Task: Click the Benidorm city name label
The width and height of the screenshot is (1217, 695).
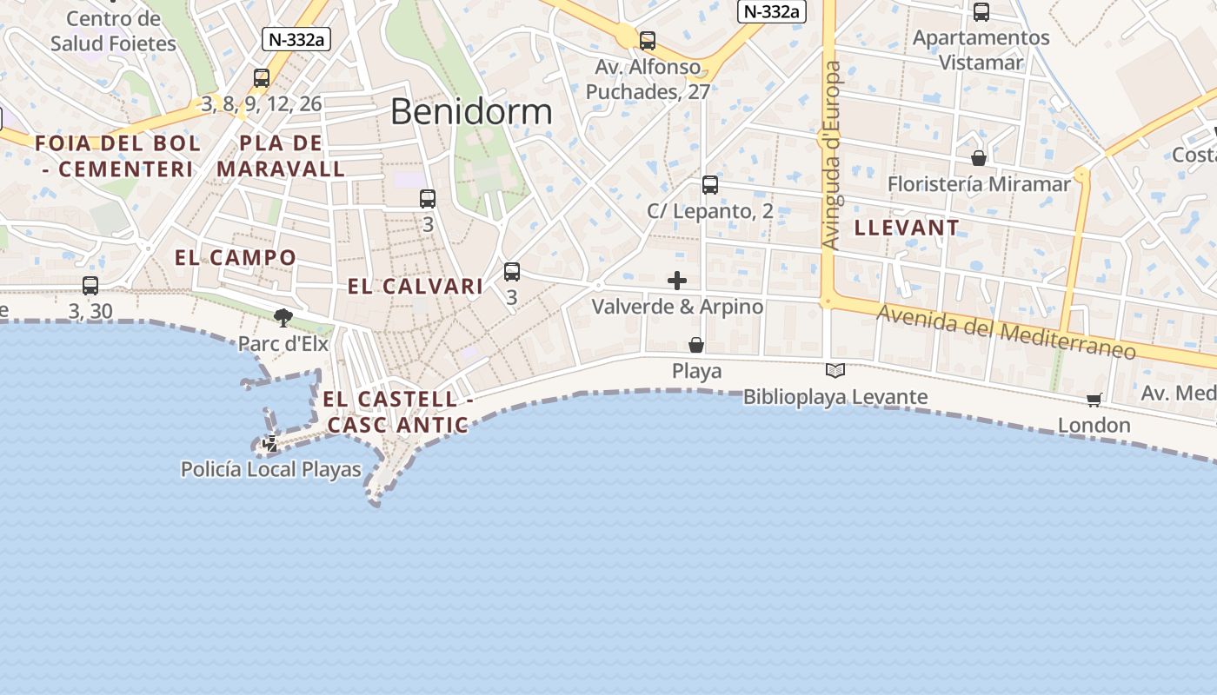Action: point(471,112)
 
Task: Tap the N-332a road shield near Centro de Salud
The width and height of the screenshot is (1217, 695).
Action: point(296,38)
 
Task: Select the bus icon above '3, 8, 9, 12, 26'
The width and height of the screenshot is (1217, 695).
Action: point(262,78)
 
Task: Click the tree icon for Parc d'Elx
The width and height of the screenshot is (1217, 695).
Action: point(283,317)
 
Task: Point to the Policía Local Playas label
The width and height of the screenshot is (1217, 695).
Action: point(270,470)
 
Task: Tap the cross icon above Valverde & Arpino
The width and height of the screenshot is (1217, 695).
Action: point(677,281)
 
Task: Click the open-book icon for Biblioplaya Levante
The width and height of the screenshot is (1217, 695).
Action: point(835,371)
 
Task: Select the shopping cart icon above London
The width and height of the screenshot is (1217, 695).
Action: point(1094,400)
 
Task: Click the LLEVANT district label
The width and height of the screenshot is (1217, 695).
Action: point(908,228)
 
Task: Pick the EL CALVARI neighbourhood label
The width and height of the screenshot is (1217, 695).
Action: point(416,287)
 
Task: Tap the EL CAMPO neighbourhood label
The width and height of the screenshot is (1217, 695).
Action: point(236,258)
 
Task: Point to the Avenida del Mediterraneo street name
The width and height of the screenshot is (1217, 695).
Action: point(1006,332)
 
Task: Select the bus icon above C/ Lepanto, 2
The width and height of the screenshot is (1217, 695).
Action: point(710,185)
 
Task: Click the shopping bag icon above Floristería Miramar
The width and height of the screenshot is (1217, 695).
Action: point(979,158)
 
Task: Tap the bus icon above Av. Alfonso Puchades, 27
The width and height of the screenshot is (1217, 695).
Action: point(648,41)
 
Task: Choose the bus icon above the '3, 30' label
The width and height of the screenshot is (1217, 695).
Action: point(90,285)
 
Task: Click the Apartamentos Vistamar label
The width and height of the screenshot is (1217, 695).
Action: point(981,50)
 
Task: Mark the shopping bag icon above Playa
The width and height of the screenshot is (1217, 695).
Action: point(696,345)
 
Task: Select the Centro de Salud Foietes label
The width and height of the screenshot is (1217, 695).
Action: point(113,31)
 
